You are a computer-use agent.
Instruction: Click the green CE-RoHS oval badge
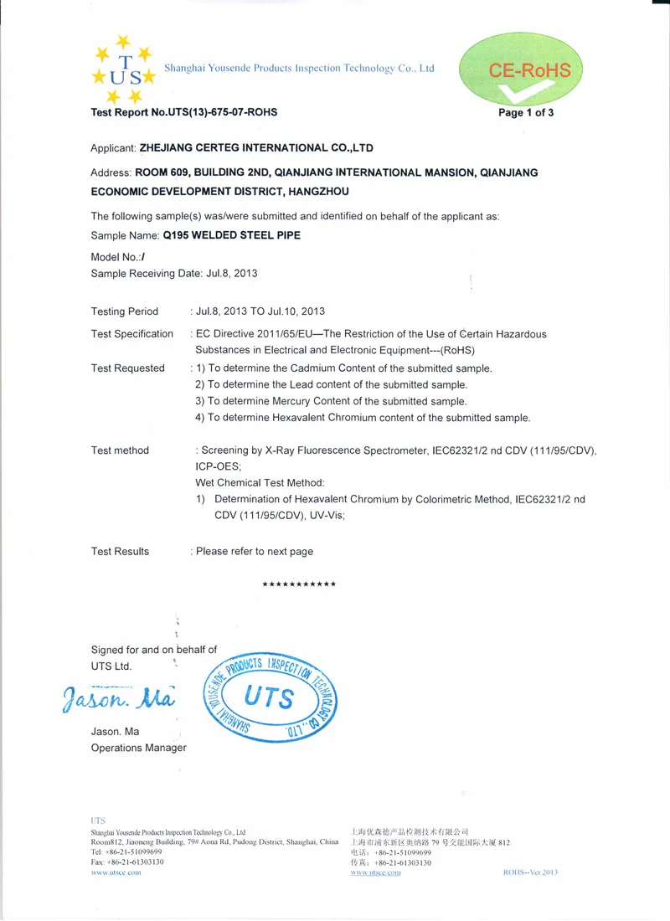(x=518, y=70)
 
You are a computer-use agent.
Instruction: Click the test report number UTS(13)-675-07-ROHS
(x=224, y=112)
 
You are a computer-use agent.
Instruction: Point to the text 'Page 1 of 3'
(x=526, y=113)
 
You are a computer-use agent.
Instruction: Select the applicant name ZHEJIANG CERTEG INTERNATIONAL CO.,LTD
(x=256, y=148)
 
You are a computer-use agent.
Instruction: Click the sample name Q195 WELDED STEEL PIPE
(x=232, y=235)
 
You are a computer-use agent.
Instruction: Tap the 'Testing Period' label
(x=124, y=311)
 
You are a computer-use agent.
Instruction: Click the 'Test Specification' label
(x=131, y=334)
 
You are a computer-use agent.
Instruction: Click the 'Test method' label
(x=120, y=450)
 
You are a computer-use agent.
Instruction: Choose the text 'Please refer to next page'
(x=255, y=552)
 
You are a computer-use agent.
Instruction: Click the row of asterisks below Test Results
(x=299, y=584)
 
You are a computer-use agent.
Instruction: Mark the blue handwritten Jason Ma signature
(x=117, y=697)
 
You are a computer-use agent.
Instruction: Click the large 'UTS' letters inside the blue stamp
(x=269, y=697)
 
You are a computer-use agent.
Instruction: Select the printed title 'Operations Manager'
(x=138, y=748)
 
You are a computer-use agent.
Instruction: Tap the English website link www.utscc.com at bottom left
(x=116, y=872)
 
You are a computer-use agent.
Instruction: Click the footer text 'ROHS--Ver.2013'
(x=530, y=872)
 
